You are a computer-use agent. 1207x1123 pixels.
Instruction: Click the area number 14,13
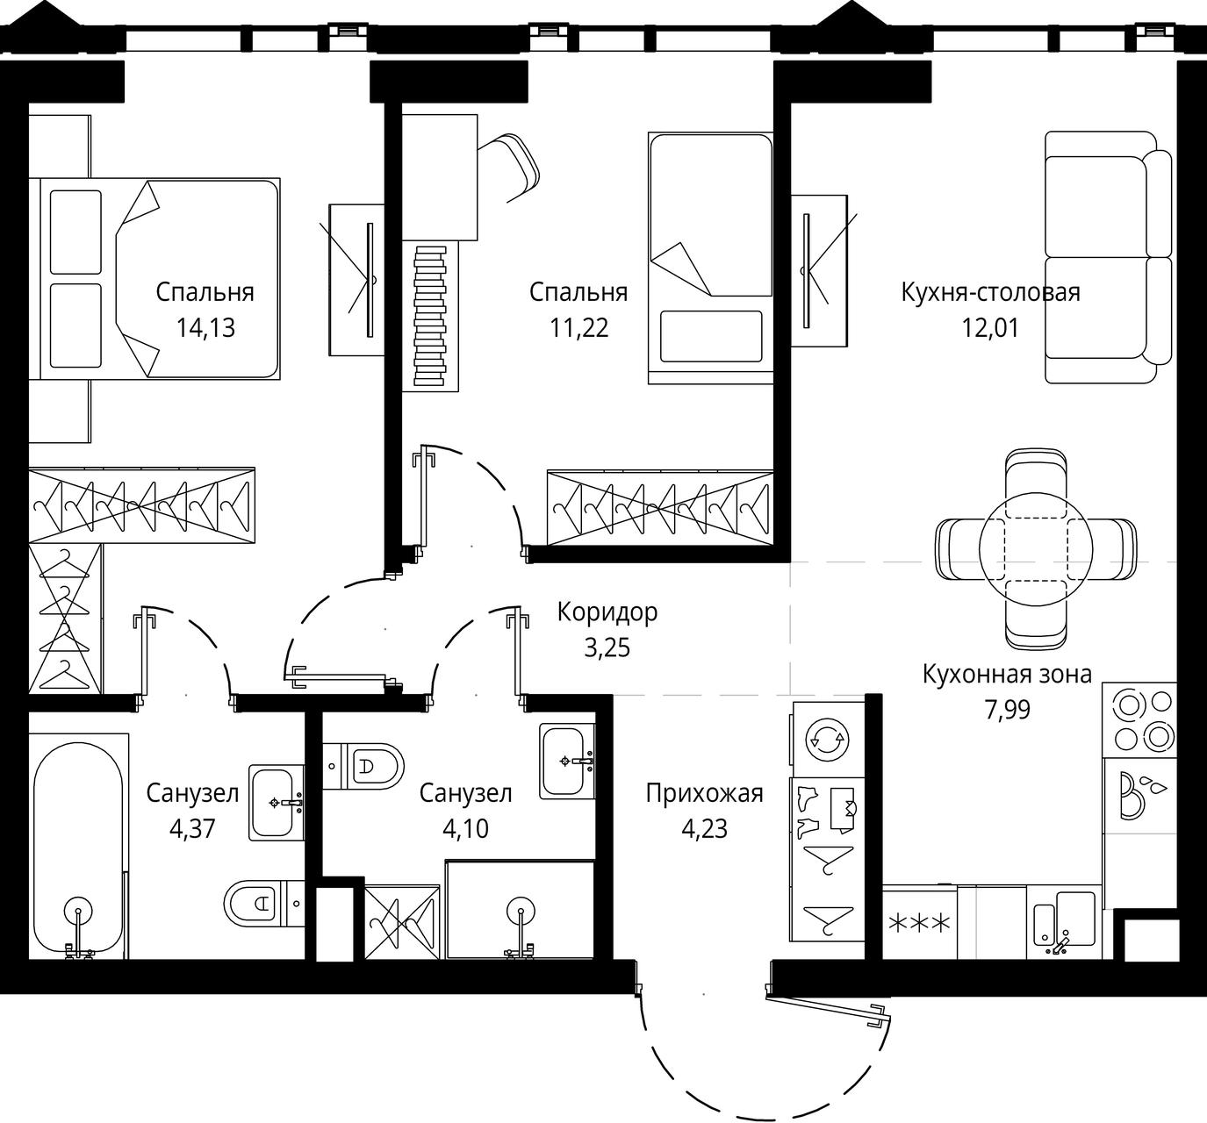pyautogui.click(x=205, y=328)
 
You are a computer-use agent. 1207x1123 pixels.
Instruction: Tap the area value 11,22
pyautogui.click(x=579, y=328)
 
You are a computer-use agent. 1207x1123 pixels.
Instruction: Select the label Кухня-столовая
pyautogui.click(x=991, y=292)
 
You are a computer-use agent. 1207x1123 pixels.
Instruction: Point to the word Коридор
pyautogui.click(x=607, y=612)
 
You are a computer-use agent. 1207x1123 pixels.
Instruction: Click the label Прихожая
pyautogui.click(x=704, y=793)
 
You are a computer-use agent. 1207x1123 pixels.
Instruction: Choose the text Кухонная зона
pyautogui.click(x=1007, y=674)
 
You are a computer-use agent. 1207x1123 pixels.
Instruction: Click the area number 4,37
pyautogui.click(x=192, y=828)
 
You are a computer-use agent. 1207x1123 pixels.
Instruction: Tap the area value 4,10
pyautogui.click(x=465, y=828)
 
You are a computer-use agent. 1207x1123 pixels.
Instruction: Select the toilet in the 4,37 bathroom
pyautogui.click(x=264, y=903)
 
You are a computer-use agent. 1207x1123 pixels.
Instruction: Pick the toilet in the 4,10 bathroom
pyautogui.click(x=363, y=766)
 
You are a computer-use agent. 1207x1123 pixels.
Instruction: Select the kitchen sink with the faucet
pyautogui.click(x=1064, y=922)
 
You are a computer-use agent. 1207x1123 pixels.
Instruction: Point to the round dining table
pyautogui.click(x=1036, y=550)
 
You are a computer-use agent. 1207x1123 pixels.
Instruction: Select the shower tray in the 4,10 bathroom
pyautogui.click(x=520, y=910)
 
